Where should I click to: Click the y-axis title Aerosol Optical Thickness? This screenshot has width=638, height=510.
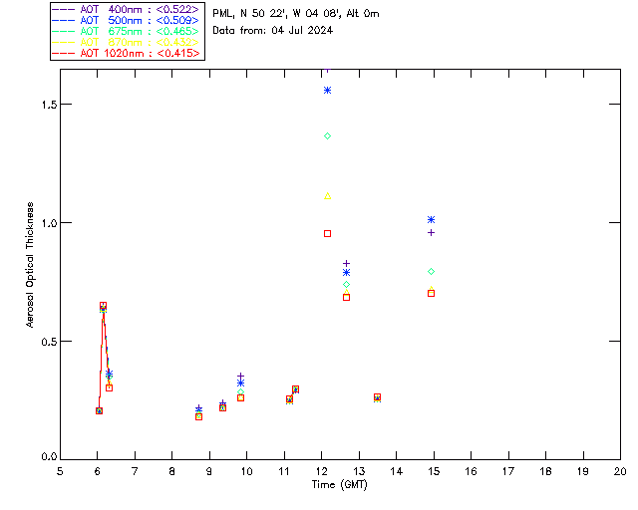click(31, 265)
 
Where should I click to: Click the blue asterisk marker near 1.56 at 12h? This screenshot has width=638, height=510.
click(327, 91)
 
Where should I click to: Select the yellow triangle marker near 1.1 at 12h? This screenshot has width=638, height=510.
click(327, 196)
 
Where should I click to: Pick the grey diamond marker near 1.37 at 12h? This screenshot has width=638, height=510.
click(327, 135)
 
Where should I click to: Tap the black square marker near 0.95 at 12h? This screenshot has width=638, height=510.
click(327, 233)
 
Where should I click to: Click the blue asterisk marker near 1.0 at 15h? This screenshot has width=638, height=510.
click(431, 219)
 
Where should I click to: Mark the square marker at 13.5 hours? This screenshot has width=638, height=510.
click(377, 397)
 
